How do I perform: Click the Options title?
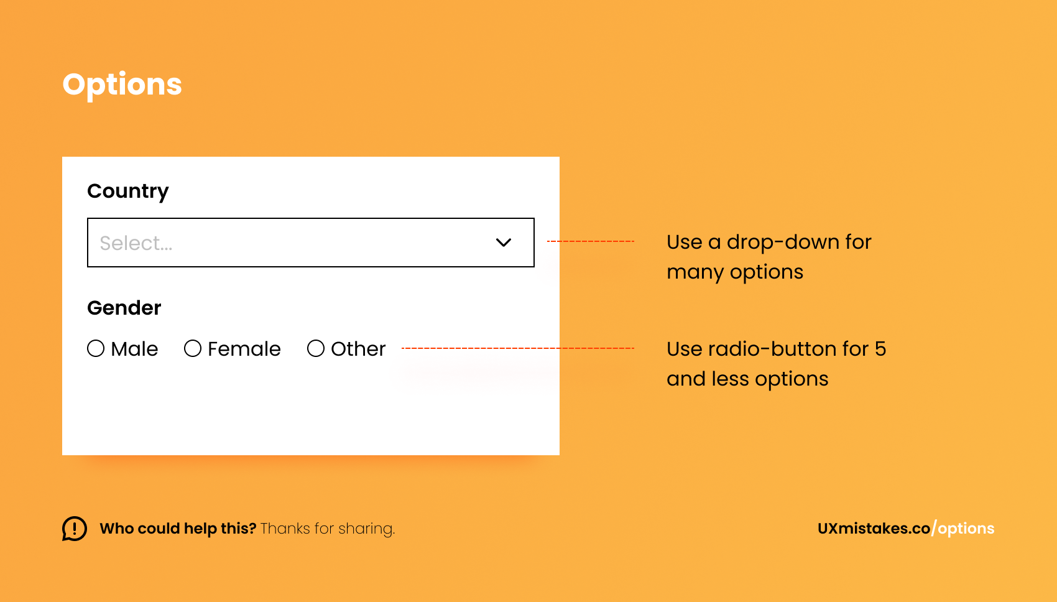tap(122, 85)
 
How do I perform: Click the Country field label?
tap(128, 191)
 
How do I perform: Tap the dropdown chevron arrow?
tap(504, 243)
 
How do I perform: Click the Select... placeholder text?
tap(136, 243)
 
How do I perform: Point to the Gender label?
tap(124, 308)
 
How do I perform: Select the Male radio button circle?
tap(96, 348)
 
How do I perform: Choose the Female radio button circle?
tap(193, 348)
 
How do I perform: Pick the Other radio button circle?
tap(316, 348)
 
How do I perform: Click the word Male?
tap(134, 349)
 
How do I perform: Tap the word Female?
tap(244, 349)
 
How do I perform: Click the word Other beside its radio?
tap(358, 349)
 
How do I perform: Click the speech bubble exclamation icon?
tap(75, 529)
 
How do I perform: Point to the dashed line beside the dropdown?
tap(590, 241)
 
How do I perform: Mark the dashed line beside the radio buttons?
tap(518, 348)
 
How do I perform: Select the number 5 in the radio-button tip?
tap(880, 349)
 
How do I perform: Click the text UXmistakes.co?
tap(874, 529)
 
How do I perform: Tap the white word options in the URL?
tap(966, 529)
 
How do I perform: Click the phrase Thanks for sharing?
tap(328, 529)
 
